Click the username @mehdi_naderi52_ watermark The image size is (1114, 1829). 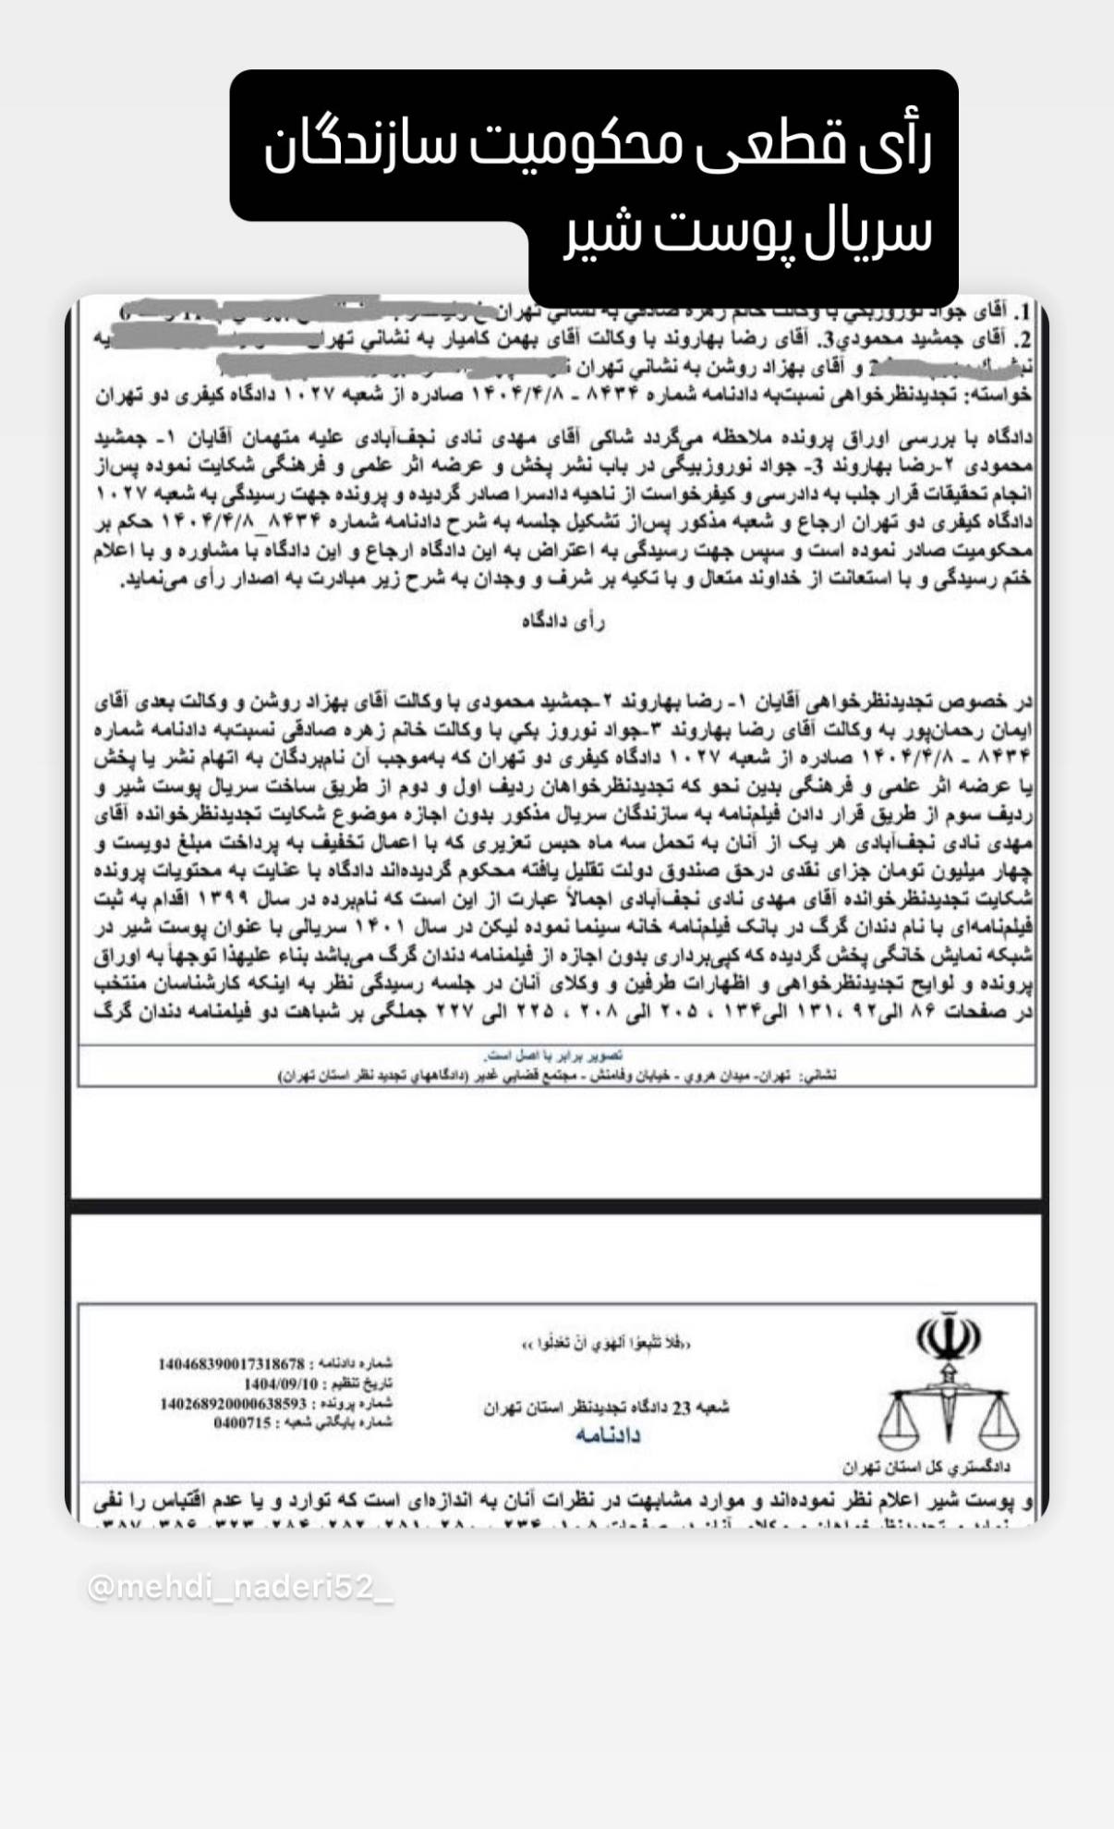click(x=240, y=1587)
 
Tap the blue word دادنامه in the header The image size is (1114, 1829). click(x=607, y=1434)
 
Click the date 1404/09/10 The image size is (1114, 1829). click(x=281, y=1384)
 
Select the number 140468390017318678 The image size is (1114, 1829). click(x=231, y=1363)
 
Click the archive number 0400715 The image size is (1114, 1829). click(x=243, y=1422)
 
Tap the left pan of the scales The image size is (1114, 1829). click(x=900, y=1427)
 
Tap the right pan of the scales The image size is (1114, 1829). click(x=999, y=1427)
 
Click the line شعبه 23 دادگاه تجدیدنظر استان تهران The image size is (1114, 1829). click(x=606, y=1408)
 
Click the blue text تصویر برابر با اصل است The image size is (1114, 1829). click(x=554, y=1055)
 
